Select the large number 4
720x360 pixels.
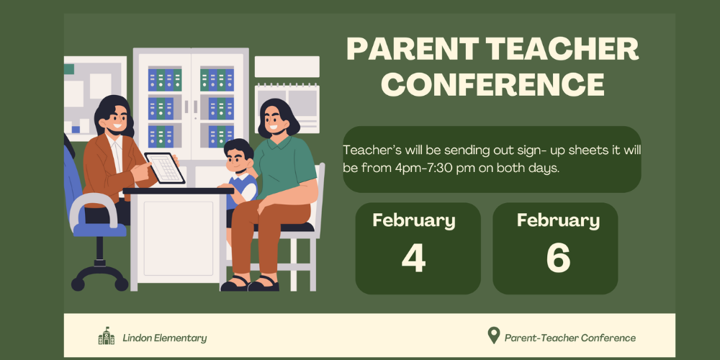(413, 258)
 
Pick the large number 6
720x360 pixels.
(558, 258)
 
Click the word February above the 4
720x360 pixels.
(414, 221)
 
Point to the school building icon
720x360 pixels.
(107, 336)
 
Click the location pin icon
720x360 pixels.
(494, 336)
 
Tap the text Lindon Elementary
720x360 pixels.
(164, 338)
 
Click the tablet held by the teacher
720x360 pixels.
(164, 168)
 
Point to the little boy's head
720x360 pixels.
(238, 156)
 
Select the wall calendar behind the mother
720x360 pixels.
(287, 108)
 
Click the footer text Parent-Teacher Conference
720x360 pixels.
(570, 338)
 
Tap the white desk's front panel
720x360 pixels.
(178, 239)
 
